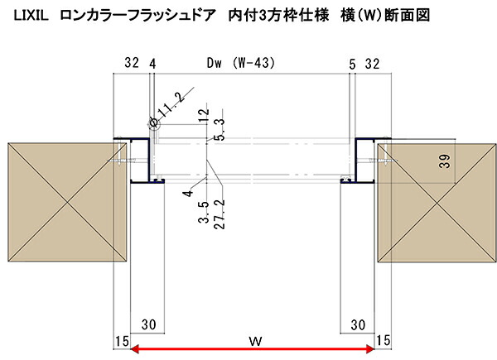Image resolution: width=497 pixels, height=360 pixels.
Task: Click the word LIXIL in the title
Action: (x=31, y=16)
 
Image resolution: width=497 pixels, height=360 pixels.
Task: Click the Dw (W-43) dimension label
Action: (x=241, y=63)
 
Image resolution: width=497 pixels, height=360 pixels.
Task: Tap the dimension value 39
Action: (x=445, y=161)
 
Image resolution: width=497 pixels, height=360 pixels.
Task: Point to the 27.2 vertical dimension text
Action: (x=219, y=214)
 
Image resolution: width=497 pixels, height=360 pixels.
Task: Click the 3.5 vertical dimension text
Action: (x=204, y=212)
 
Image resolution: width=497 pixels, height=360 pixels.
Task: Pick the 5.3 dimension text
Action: (x=219, y=129)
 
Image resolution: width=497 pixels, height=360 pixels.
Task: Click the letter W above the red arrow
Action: (x=255, y=341)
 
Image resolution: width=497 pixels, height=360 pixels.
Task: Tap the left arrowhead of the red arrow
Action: (x=135, y=349)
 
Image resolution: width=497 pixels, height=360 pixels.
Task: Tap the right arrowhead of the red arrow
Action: (x=370, y=349)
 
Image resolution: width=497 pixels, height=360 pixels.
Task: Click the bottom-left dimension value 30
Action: (x=148, y=324)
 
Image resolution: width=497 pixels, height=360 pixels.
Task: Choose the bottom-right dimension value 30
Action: (x=358, y=325)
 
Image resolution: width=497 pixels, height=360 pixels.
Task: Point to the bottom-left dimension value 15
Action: (x=122, y=341)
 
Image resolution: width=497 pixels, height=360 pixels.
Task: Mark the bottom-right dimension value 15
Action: (x=383, y=340)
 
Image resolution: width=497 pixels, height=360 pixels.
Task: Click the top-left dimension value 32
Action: (x=132, y=63)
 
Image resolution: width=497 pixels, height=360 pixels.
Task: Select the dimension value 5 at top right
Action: (x=353, y=65)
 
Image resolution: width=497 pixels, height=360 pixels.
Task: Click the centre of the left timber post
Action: (x=67, y=202)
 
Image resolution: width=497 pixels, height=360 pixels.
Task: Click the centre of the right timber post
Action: (x=437, y=203)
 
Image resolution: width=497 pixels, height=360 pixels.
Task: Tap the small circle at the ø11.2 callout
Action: (x=154, y=123)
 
